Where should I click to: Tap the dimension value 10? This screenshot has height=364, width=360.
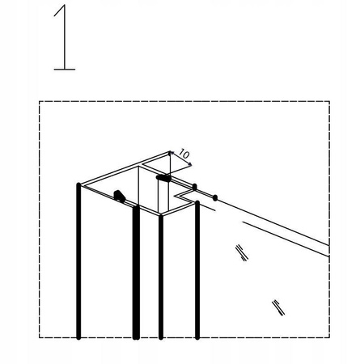[183, 154]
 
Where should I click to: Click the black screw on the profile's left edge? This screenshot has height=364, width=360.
[119, 195]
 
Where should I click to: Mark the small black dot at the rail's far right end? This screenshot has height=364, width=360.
[214, 196]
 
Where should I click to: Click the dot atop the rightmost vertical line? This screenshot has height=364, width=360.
[194, 187]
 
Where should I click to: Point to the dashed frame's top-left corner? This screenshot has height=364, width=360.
[40, 102]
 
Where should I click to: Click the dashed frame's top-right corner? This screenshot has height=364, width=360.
[329, 102]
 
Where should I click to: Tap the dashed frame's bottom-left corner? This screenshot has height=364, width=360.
[40, 337]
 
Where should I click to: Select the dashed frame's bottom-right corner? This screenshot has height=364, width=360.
[329, 337]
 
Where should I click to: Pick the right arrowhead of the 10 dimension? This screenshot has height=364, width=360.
[190, 165]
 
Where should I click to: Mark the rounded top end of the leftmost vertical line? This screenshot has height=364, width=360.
[78, 186]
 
